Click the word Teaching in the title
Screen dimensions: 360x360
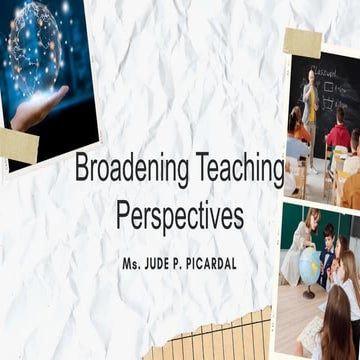coord(238,170)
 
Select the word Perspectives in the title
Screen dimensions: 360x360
coord(179,215)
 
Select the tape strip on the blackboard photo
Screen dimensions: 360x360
coord(301,42)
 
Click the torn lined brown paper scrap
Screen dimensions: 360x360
coord(210,338)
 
